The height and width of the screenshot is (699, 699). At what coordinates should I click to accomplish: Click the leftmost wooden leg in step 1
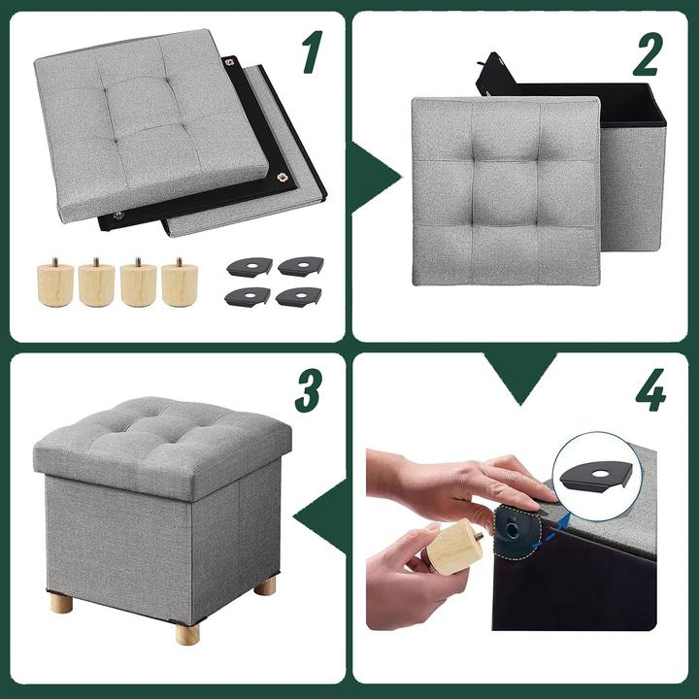(x=55, y=283)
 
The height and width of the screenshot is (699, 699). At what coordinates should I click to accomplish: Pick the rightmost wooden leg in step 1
(x=179, y=283)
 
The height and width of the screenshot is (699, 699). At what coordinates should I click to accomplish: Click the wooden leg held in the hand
(x=455, y=547)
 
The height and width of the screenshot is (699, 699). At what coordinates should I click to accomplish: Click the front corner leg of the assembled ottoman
(x=187, y=632)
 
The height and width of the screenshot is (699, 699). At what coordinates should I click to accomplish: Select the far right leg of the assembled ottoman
(x=265, y=584)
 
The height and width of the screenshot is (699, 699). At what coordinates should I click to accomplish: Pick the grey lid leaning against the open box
(x=505, y=189)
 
